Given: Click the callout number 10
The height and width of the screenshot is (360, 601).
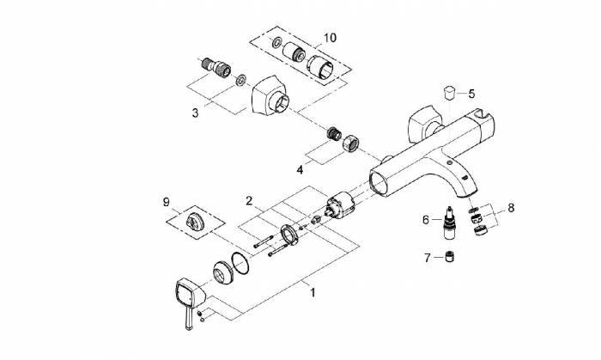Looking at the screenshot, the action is click(x=330, y=38).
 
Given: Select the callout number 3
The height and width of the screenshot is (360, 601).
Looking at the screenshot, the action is click(x=195, y=113).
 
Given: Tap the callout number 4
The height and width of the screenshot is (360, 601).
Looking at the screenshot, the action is click(x=300, y=169).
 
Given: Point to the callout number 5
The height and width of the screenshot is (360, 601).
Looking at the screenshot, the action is click(x=471, y=94).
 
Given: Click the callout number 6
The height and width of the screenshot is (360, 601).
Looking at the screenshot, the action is click(x=426, y=220).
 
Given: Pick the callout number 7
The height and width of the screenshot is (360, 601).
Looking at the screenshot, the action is click(x=428, y=258).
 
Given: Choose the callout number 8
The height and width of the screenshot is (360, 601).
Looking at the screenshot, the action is click(x=511, y=208).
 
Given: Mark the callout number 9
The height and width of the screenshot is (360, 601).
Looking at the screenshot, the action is click(x=166, y=202).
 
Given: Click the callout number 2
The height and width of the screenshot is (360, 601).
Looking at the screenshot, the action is click(x=249, y=200).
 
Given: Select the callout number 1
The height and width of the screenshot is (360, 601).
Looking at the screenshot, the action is click(x=313, y=293).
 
